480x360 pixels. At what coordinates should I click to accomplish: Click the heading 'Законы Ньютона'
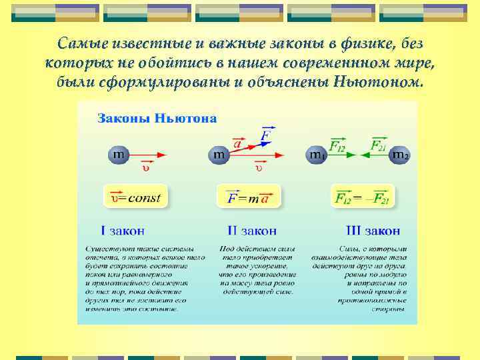(x=157, y=119)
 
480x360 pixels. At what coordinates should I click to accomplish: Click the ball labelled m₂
(x=399, y=155)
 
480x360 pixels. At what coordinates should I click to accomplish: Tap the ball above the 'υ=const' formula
(x=118, y=155)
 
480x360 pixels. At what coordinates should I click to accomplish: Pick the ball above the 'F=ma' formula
(x=219, y=155)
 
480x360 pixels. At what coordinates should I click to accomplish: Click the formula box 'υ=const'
(x=136, y=197)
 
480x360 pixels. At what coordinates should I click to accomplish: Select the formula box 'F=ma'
(x=248, y=198)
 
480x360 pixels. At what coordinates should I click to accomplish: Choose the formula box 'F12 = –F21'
(x=362, y=198)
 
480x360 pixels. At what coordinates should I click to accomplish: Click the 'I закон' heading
(x=123, y=231)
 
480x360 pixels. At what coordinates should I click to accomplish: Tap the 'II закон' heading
(x=251, y=231)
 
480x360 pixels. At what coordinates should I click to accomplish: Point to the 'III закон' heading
(x=373, y=231)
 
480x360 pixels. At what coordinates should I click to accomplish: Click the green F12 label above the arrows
(x=339, y=145)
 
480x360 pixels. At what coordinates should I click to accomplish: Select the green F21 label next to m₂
(x=377, y=145)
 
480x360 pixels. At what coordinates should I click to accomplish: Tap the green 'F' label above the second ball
(x=266, y=134)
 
